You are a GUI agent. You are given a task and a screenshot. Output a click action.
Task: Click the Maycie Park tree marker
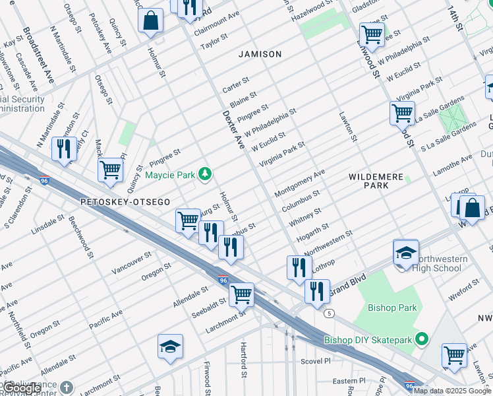206,174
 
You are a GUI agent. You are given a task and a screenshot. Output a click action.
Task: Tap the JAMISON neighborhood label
260,54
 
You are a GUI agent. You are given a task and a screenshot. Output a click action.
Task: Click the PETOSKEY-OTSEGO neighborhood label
125,201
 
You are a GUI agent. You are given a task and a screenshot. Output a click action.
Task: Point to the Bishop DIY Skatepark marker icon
422,340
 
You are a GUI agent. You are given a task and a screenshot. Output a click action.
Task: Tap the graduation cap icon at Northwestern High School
406,253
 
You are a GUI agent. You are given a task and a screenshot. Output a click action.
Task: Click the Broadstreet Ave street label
38,54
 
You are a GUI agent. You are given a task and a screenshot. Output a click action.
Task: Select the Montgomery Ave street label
300,181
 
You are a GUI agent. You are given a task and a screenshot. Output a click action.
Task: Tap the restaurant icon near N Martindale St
64,149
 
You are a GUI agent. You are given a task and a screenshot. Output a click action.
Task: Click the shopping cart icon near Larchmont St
242,294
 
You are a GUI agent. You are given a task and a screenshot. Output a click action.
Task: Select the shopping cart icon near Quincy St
110,170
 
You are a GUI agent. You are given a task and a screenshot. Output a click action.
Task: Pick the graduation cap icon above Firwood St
170,346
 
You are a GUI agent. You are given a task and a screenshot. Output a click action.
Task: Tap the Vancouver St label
132,265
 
